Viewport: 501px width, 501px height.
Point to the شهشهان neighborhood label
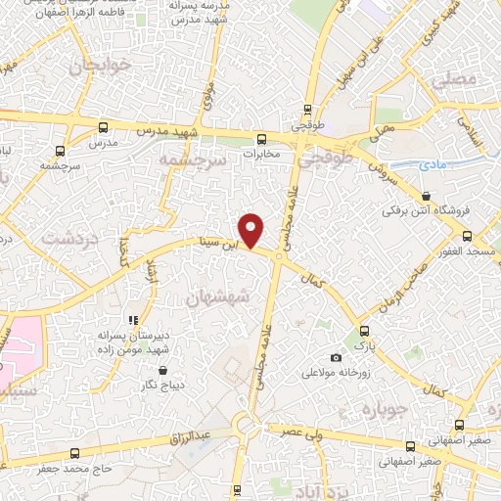pos(217,295)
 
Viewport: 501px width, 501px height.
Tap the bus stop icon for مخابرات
pos(260,139)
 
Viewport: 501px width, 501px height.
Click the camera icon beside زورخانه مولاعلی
pos(337,357)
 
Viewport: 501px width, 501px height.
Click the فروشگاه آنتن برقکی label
pos(427,208)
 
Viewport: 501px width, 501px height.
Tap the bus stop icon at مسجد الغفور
pos(467,237)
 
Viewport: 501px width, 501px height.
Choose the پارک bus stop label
pos(364,345)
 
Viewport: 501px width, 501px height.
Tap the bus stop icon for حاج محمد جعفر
pos(76,452)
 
